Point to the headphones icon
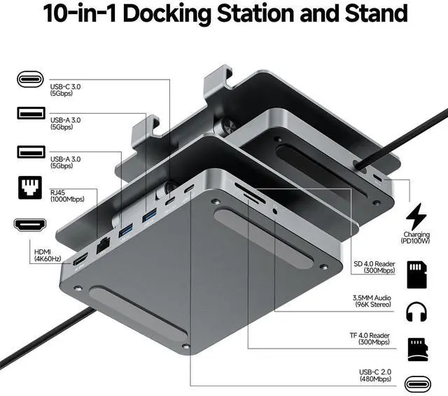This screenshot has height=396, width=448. pos(418,309)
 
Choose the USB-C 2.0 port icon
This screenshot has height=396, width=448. pos(418,382)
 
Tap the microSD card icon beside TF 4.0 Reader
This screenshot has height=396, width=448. pos(418,346)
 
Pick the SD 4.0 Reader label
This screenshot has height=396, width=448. pos(376,267)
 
